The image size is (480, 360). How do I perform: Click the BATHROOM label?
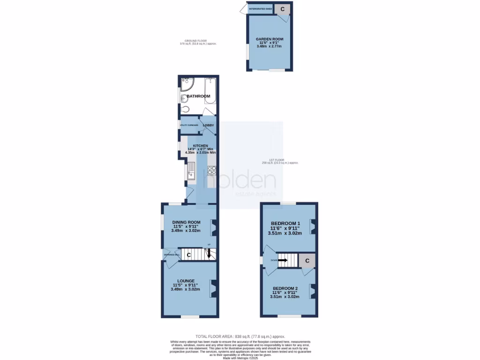(199, 97)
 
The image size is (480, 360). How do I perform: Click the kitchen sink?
(192, 172)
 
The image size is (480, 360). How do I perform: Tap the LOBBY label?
(208, 125)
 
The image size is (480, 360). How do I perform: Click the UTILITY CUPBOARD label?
(189, 125)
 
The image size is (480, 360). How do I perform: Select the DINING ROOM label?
(186, 222)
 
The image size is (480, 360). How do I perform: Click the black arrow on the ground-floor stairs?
(209, 253)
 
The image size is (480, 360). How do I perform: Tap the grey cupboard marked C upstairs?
(307, 261)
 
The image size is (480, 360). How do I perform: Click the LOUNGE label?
(186, 281)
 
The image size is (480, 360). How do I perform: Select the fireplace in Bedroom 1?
(313, 226)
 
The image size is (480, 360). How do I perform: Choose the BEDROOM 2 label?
(285, 288)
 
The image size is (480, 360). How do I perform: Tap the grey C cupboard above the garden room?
(282, 9)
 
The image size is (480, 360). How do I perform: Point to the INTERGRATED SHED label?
(261, 9)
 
